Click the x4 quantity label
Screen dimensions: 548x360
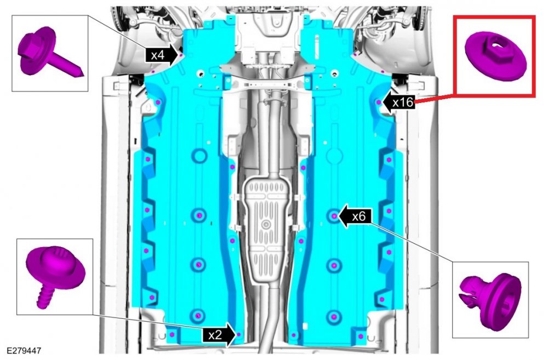coord(158,55)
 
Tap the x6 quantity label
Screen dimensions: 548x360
coord(358,216)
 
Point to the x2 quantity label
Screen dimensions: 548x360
coord(215,335)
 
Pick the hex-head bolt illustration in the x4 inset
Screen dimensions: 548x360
coord(50,53)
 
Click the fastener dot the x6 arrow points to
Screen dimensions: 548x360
coord(334,216)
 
